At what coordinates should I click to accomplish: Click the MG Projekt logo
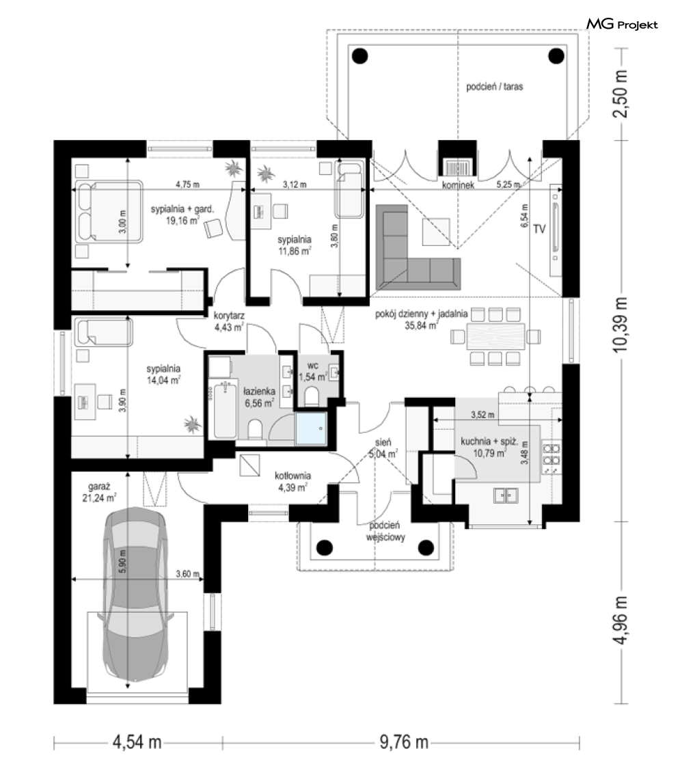622,24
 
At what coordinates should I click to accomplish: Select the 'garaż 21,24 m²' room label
100,493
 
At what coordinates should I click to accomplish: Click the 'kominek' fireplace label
458,185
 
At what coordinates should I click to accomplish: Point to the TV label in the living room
539,229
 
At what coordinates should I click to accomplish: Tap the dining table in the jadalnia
495,336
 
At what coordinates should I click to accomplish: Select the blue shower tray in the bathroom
311,428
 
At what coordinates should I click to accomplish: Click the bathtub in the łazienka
226,410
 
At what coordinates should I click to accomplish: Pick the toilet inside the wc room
311,396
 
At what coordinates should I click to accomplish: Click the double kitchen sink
506,495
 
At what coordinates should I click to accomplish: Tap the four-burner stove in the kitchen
551,455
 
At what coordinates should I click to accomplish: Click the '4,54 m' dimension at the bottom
137,742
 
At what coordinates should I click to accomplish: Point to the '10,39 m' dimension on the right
620,325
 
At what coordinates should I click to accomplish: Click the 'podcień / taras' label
494,87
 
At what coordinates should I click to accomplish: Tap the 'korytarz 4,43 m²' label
228,321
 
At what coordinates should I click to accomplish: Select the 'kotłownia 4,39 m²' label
293,482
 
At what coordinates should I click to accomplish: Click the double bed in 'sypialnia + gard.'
109,212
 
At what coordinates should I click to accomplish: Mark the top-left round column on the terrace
360,55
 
